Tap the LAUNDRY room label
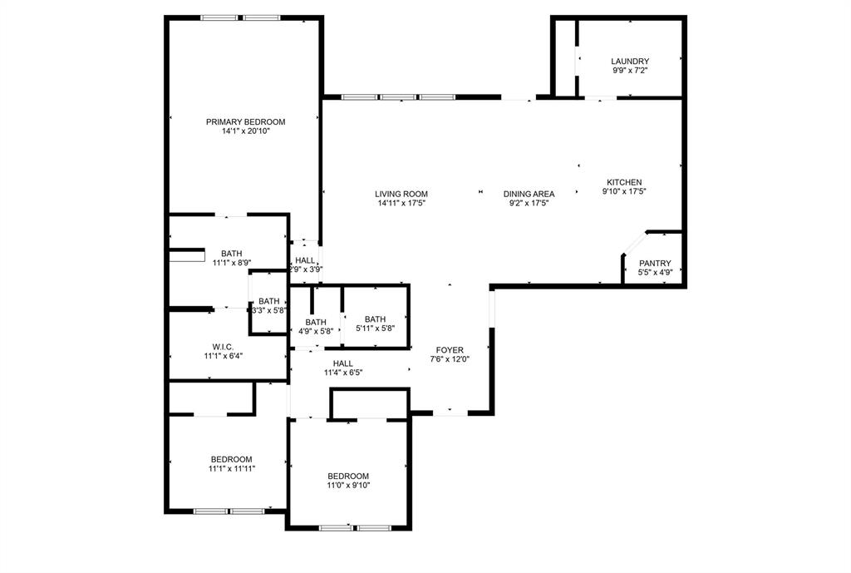tap(629, 62)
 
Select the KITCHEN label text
tap(623, 182)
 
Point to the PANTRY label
tap(654, 263)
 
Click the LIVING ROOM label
tap(401, 194)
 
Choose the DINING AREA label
tap(529, 194)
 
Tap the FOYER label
tap(450, 350)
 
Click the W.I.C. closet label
tap(222, 346)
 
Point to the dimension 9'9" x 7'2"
tap(629, 71)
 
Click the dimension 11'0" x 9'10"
tap(347, 486)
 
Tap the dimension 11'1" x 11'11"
tap(231, 469)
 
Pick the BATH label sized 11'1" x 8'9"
tap(231, 254)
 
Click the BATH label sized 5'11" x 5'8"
tap(375, 319)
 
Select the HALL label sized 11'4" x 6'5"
tap(342, 363)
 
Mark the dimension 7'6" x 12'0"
tap(450, 359)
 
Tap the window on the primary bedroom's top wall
tap(240, 17)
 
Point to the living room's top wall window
tap(399, 97)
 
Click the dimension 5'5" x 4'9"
tap(654, 272)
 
